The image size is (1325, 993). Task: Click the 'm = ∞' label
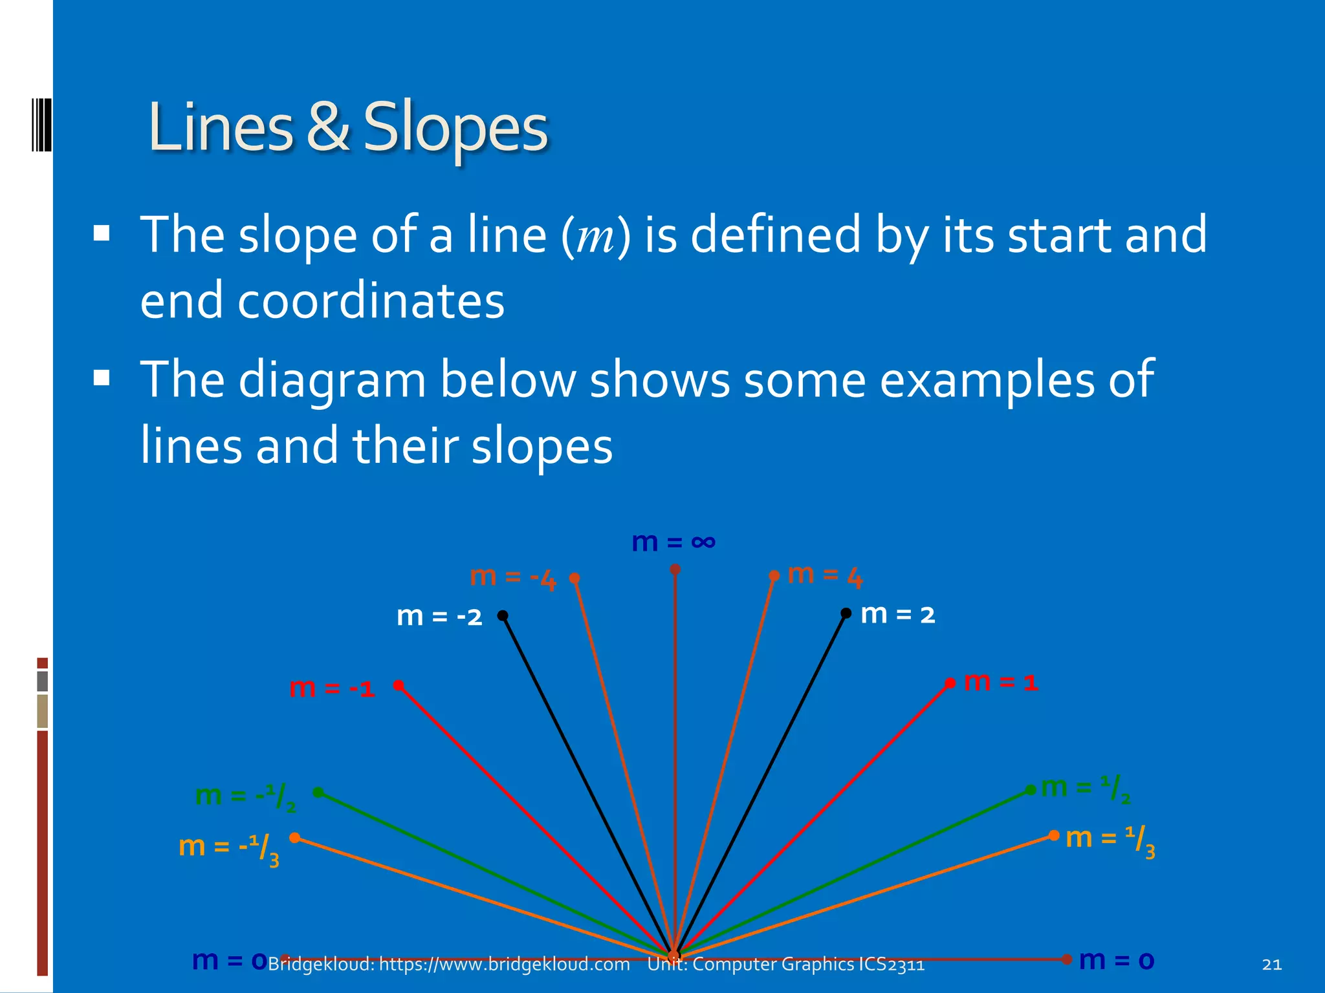pyautogui.click(x=673, y=542)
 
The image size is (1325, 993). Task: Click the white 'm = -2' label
pyautogui.click(x=439, y=616)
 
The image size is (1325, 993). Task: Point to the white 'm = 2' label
pyautogui.click(x=898, y=614)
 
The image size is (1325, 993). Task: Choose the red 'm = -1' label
pyautogui.click(x=332, y=688)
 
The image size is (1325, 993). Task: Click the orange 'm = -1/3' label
pyautogui.click(x=229, y=848)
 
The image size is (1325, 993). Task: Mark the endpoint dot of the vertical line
pyautogui.click(x=675, y=570)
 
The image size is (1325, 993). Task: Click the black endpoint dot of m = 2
pyautogui.click(x=846, y=613)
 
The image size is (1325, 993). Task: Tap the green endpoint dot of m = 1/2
pyautogui.click(x=1031, y=790)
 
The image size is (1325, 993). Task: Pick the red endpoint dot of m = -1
pyautogui.click(x=399, y=685)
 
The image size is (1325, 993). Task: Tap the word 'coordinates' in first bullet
pyautogui.click(x=371, y=301)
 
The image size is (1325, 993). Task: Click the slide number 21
pyautogui.click(x=1271, y=965)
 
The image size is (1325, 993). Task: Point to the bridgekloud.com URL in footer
pyautogui.click(x=504, y=964)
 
